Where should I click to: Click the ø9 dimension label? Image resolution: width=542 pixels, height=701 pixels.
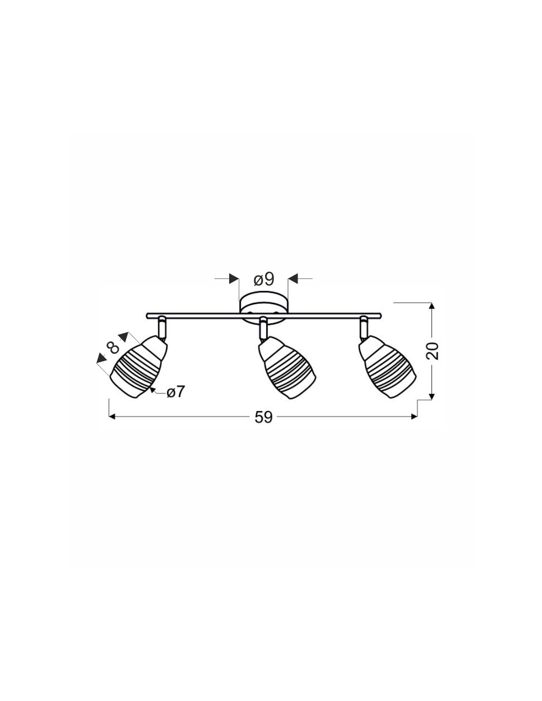[x=264, y=279]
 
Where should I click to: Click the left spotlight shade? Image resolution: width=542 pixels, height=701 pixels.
[x=139, y=367]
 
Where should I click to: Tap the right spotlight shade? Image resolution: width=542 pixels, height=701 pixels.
[x=387, y=367]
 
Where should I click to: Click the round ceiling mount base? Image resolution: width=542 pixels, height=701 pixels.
[x=264, y=307]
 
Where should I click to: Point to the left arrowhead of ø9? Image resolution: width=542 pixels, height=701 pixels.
[x=234, y=279]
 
